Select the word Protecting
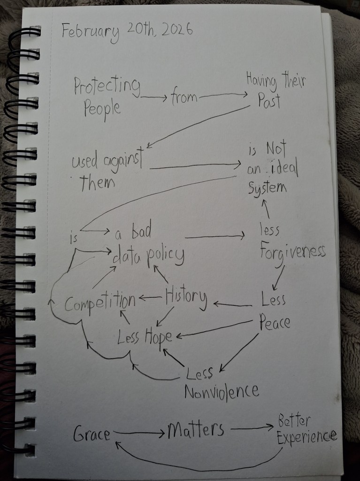click(x=107, y=87)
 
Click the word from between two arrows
click(x=184, y=98)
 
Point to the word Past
click(x=268, y=101)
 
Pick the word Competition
click(x=100, y=303)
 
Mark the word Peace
click(x=275, y=323)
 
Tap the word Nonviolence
click(x=221, y=390)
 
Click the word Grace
click(x=92, y=434)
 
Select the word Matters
click(x=196, y=430)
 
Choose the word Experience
click(x=306, y=437)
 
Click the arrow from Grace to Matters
click(x=138, y=432)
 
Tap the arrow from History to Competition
click(x=150, y=298)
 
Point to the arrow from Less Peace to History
click(x=232, y=305)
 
